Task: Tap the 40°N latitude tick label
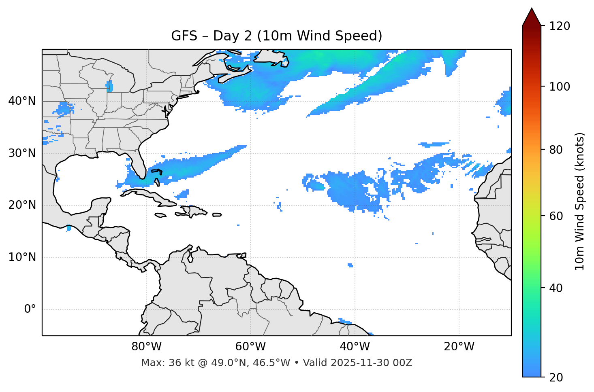point(22,101)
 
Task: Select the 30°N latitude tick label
point(22,153)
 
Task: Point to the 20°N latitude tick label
point(22,205)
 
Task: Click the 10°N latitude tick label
point(22,257)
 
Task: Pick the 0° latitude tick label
point(30,309)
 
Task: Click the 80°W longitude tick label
point(146,347)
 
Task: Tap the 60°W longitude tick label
point(250,347)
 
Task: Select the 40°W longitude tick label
point(355,347)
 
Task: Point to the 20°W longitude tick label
point(459,347)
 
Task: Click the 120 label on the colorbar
point(560,26)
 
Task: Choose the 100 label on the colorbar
point(560,87)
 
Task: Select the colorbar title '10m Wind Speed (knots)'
point(580,201)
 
